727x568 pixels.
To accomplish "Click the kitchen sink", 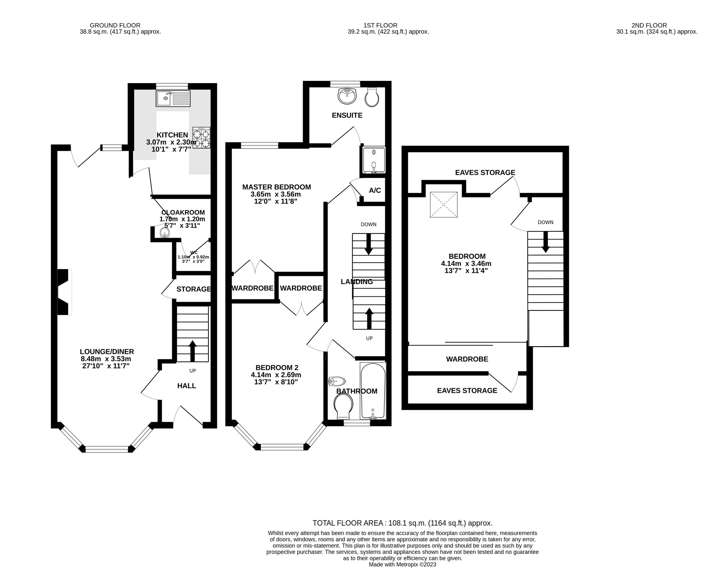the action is point(173,98).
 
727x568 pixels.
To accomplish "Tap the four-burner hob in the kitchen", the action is point(201,137).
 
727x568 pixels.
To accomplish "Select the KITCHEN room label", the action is point(172,135).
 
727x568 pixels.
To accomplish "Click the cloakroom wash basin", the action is point(164,232).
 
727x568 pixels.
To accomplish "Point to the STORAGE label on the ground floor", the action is point(194,289).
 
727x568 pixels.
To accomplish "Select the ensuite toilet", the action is point(372,97).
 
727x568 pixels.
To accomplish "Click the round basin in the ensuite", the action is point(347,96).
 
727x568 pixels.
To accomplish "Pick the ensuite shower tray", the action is point(374,160).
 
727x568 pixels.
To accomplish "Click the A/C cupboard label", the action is point(375,191).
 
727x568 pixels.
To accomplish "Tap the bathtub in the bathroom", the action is point(373,390).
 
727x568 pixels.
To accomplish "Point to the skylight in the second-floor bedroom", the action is point(444,204).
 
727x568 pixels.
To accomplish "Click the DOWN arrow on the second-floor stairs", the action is point(545,242).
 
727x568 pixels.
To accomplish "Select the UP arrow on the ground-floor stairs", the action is point(193,351).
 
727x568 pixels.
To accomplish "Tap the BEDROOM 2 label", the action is point(277,367).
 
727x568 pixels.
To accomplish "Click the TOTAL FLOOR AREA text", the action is point(402,523).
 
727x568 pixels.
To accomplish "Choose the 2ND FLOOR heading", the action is point(649,25).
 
